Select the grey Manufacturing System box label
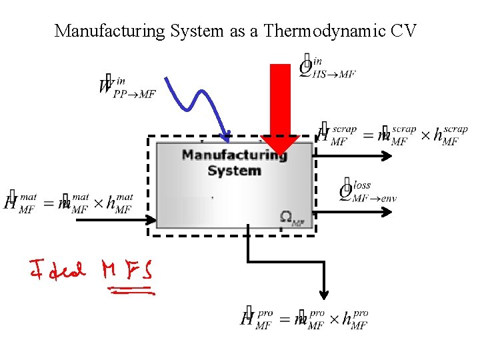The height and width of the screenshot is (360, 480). tap(233, 163)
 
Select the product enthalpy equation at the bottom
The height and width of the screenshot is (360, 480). tap(304, 318)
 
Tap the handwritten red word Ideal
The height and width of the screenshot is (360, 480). tap(57, 270)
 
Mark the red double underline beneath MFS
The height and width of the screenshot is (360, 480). tap(131, 291)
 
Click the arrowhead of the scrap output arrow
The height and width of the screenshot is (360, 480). tap(389, 156)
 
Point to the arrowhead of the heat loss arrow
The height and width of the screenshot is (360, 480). tap(389, 213)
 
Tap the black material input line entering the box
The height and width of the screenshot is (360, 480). tap(113, 219)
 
